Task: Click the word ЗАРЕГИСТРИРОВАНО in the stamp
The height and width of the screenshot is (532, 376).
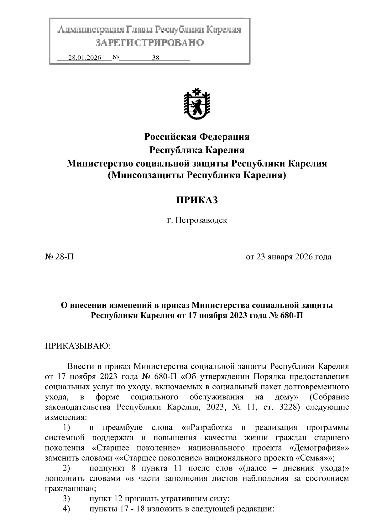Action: (149, 43)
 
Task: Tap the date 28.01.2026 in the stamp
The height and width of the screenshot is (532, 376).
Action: (85, 58)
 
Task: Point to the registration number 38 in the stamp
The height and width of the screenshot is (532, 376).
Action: (156, 58)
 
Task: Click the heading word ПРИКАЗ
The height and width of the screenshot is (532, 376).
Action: (197, 200)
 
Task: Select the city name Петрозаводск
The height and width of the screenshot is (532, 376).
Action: (201, 220)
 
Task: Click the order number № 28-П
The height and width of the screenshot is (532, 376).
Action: (60, 257)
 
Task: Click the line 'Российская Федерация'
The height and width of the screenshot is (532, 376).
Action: (197, 137)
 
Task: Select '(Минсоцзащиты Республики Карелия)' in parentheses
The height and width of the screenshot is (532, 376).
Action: (197, 176)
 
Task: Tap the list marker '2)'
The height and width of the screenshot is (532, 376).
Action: (66, 468)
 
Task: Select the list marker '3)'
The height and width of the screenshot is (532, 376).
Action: (66, 498)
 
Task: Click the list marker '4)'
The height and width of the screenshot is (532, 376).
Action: (66, 508)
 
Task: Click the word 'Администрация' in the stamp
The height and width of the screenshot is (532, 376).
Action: (91, 30)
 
